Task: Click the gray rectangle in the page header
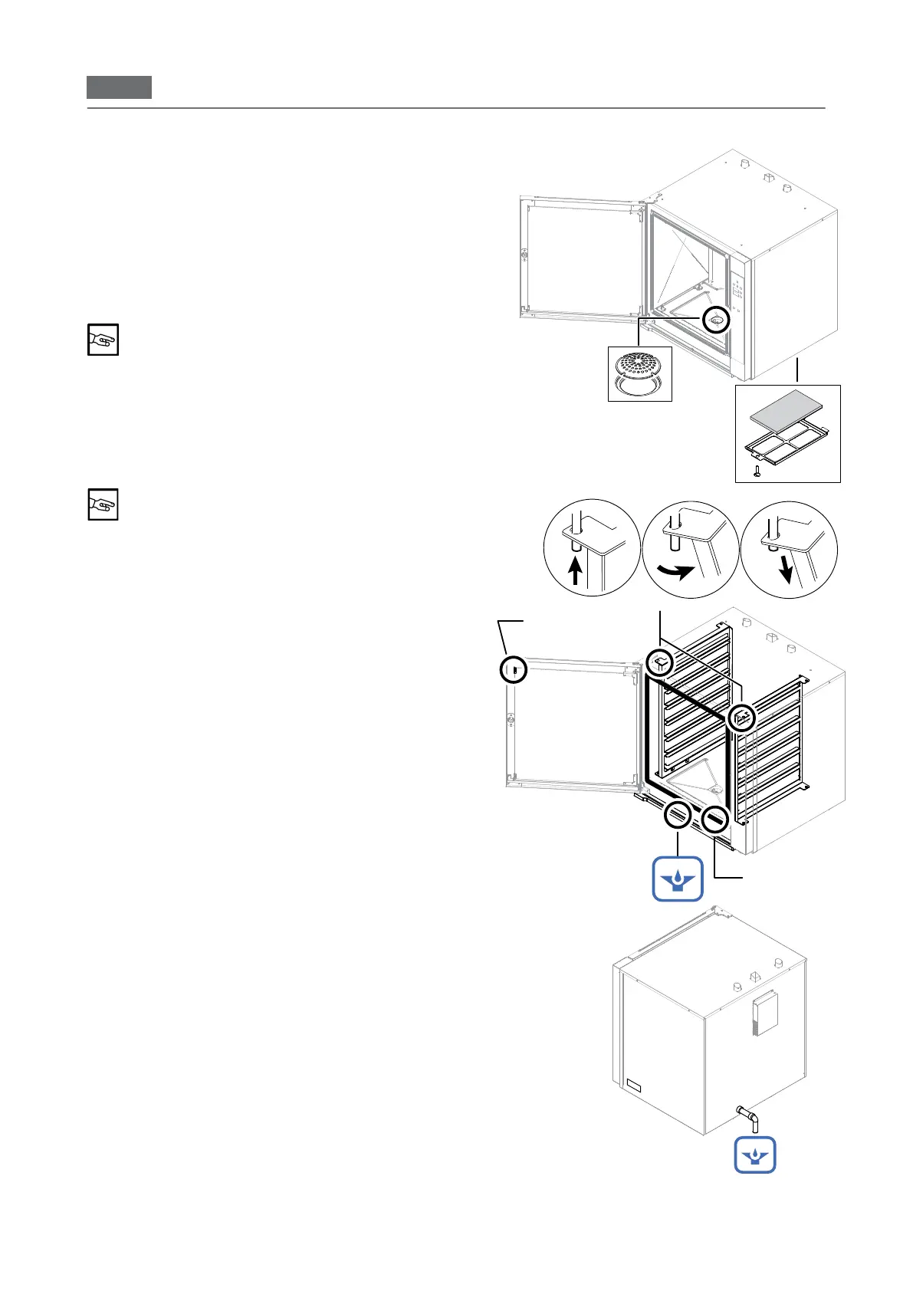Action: pyautogui.click(x=119, y=87)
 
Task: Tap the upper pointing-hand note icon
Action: pyautogui.click(x=103, y=340)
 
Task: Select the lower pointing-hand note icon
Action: pyautogui.click(x=103, y=504)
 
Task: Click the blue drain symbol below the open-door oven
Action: pyautogui.click(x=678, y=879)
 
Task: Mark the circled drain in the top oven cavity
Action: pyautogui.click(x=716, y=320)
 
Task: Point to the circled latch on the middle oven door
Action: pyautogui.click(x=514, y=670)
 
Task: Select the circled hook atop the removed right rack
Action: pyautogui.click(x=741, y=718)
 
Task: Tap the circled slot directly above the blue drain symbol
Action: pyautogui.click(x=678, y=816)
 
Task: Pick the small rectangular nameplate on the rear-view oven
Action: pyautogui.click(x=633, y=1084)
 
